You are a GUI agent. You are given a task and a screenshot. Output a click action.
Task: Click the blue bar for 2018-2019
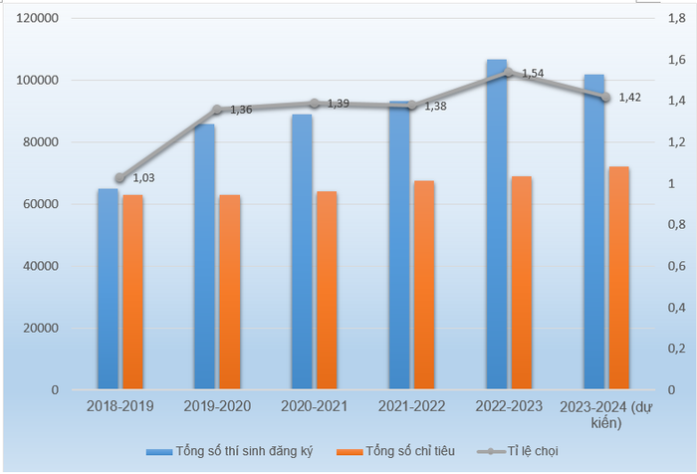point(108,289)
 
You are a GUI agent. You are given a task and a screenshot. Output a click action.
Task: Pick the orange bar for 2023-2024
point(618,278)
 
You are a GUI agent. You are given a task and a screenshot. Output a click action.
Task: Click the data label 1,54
point(534,73)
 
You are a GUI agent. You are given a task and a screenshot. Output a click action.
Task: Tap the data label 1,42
point(630,97)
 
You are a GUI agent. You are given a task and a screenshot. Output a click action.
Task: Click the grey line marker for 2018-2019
point(119,178)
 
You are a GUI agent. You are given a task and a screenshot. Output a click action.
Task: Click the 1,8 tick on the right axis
point(676,18)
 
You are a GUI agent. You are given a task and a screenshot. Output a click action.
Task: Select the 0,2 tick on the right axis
point(676,349)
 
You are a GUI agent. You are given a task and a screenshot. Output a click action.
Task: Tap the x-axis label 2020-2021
point(315,406)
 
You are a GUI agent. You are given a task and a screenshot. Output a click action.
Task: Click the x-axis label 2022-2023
point(509,406)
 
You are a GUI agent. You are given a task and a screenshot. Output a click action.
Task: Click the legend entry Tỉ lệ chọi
point(533,451)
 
